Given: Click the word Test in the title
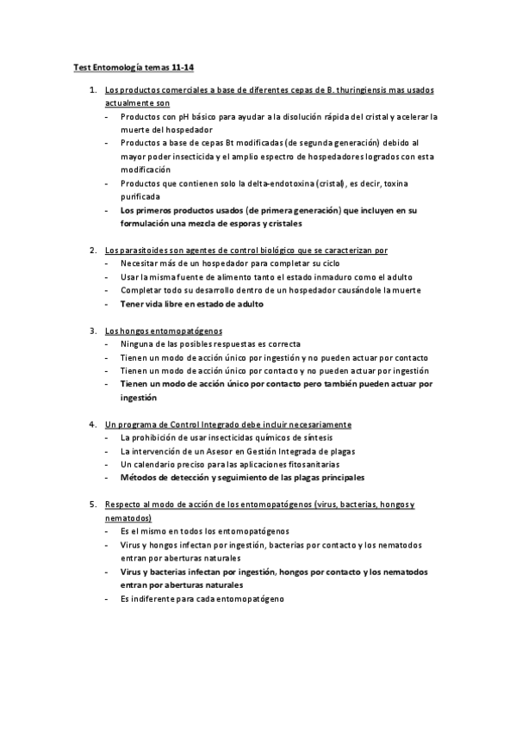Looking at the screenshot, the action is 81,66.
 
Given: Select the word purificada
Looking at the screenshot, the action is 140,197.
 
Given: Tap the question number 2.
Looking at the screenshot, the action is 93,250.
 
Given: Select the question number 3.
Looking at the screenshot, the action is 93,330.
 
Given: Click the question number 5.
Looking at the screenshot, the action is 93,504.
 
